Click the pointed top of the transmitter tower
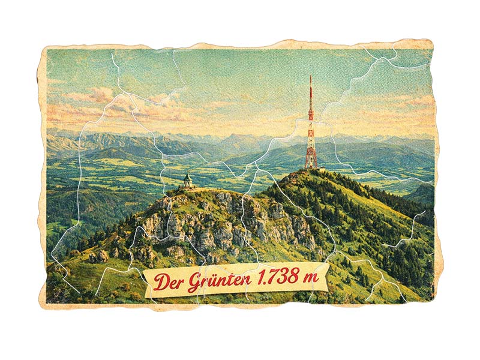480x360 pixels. (311, 77)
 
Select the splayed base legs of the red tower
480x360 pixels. (311, 163)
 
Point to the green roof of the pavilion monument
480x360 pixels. (188, 176)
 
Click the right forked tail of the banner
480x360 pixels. (324, 275)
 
